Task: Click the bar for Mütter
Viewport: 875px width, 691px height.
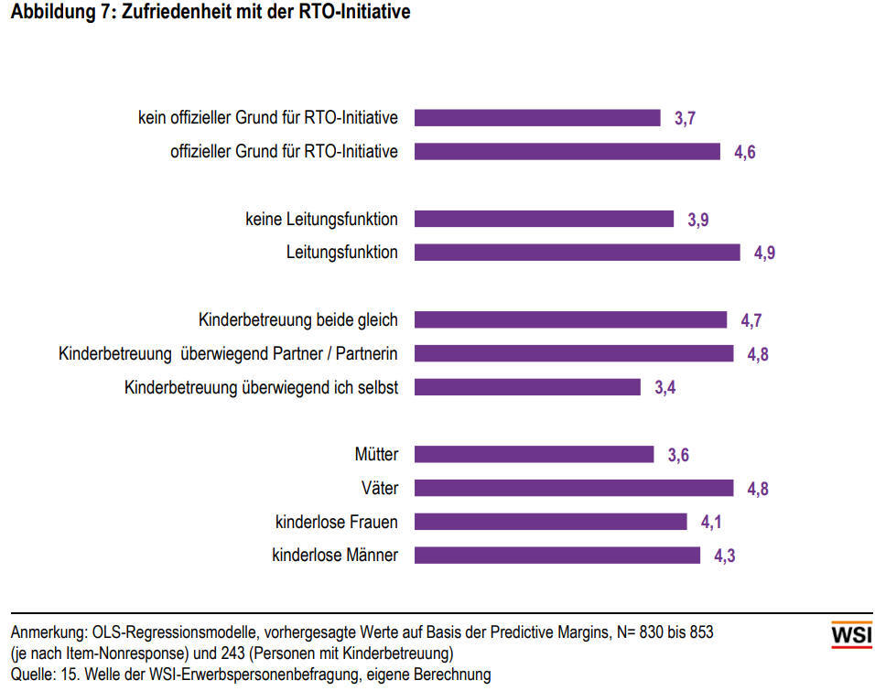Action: (535, 455)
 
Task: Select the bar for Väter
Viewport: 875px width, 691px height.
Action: (574, 488)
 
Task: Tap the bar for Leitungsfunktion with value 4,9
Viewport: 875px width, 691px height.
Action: (577, 253)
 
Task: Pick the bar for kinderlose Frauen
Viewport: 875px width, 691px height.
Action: (551, 522)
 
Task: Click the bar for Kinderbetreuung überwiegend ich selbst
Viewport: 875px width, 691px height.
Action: (528, 387)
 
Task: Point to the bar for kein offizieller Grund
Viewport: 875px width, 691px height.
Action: (538, 118)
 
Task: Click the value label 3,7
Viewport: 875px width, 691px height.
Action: (686, 119)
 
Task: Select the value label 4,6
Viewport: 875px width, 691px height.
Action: (745, 153)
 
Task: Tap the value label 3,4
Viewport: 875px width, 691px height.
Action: (664, 388)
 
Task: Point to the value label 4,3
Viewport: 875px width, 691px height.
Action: (725, 556)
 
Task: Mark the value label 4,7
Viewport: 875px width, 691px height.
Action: (751, 320)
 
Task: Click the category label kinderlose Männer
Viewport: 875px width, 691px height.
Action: (335, 555)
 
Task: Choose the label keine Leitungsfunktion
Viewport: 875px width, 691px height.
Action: (321, 219)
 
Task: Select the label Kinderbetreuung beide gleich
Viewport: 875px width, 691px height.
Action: (298, 319)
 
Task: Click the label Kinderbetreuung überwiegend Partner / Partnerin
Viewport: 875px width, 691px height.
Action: (228, 353)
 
